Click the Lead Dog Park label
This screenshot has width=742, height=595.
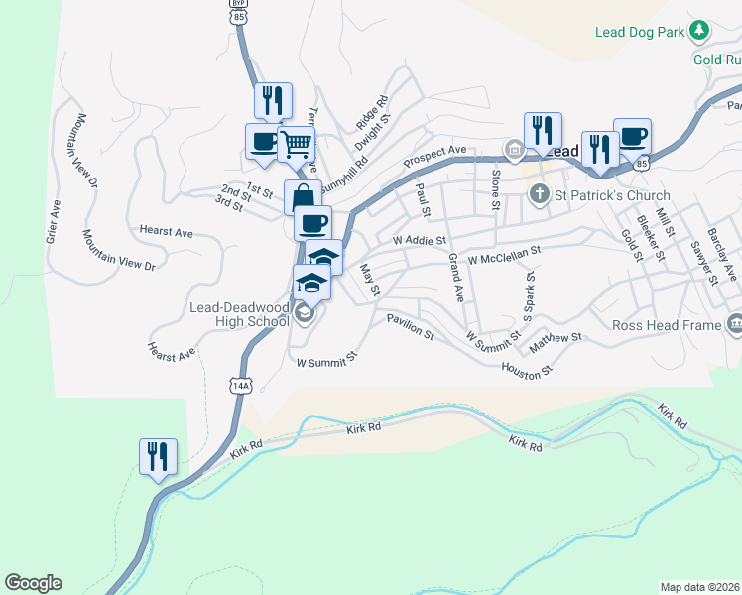click(640, 32)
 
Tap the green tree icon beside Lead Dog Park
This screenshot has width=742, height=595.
click(700, 31)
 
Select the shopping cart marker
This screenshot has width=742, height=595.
click(296, 145)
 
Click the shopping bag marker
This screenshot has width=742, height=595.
click(303, 195)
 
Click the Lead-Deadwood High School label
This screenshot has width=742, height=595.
click(239, 315)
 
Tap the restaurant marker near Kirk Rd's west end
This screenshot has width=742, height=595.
click(158, 457)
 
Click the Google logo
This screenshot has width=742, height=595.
click(33, 582)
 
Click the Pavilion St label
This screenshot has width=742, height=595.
click(411, 327)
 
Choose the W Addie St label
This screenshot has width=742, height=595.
click(420, 240)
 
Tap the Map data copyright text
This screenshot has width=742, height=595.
click(700, 586)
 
